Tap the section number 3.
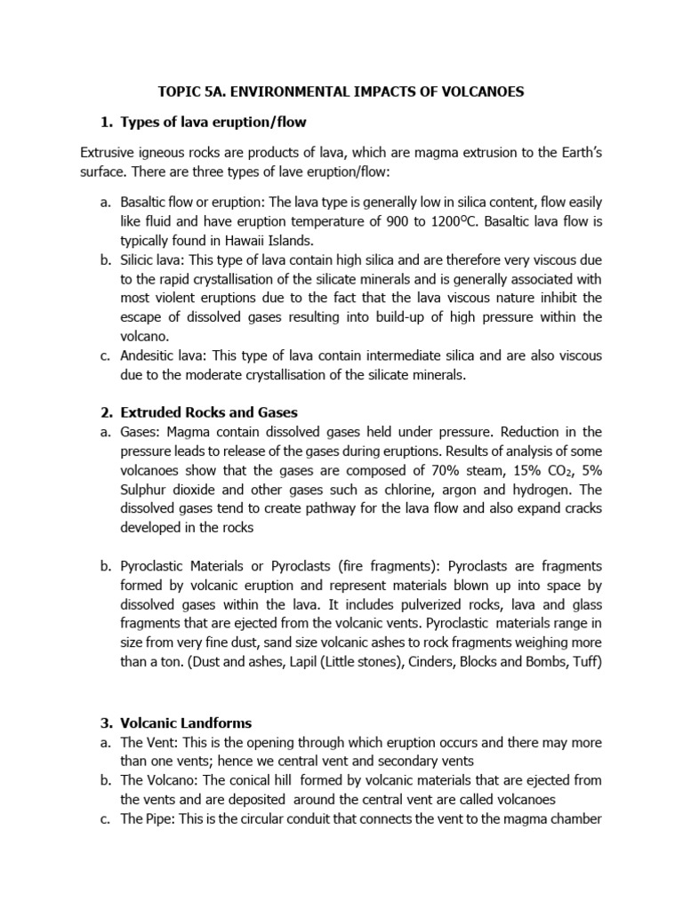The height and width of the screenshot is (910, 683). pyautogui.click(x=102, y=722)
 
